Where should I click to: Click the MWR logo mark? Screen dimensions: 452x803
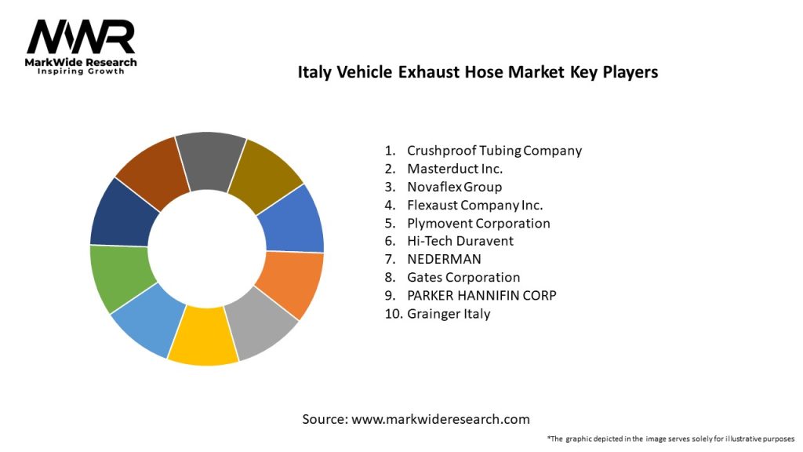[x=81, y=37]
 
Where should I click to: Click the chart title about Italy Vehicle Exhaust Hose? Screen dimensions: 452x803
[x=478, y=72]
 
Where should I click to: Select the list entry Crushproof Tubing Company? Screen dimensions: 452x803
[x=494, y=151]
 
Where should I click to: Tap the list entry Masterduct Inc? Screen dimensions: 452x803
[x=455, y=169]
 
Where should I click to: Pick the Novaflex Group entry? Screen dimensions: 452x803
[x=454, y=187]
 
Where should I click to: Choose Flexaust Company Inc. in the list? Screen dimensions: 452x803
[x=474, y=205]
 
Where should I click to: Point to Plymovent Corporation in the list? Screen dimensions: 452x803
[x=478, y=223]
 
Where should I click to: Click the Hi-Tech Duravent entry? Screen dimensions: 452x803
[x=460, y=241]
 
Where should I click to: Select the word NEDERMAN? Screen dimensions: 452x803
[x=444, y=259]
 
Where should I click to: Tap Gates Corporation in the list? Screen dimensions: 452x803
[x=463, y=277]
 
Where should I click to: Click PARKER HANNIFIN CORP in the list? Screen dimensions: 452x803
[x=481, y=295]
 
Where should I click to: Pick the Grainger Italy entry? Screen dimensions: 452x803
[x=449, y=313]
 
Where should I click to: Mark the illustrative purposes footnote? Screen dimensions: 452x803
[x=670, y=439]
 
